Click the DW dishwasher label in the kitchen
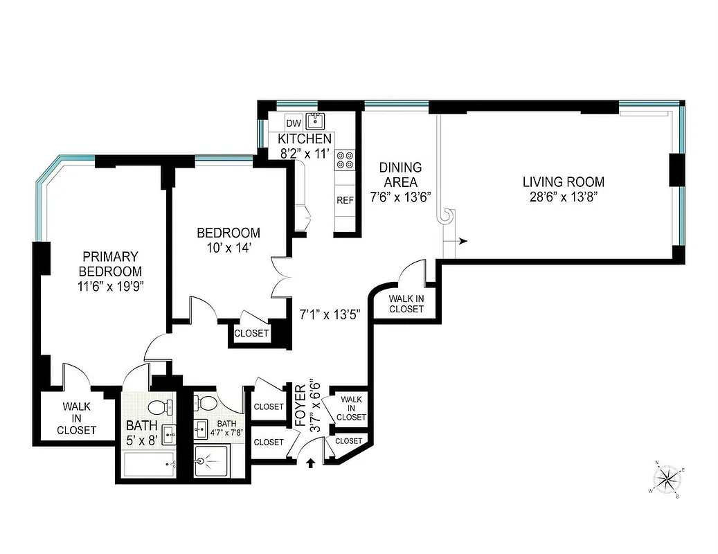[294, 123]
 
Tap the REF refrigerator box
[345, 200]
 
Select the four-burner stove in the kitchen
[345, 161]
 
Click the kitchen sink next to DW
[316, 122]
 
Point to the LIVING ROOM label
[563, 182]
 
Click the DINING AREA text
[400, 175]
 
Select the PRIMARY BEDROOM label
[110, 264]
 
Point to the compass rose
[667, 478]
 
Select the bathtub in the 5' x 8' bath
[149, 465]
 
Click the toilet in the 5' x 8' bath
[157, 407]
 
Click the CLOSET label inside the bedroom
[251, 334]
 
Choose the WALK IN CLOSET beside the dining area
[406, 304]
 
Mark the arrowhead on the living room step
[463, 241]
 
